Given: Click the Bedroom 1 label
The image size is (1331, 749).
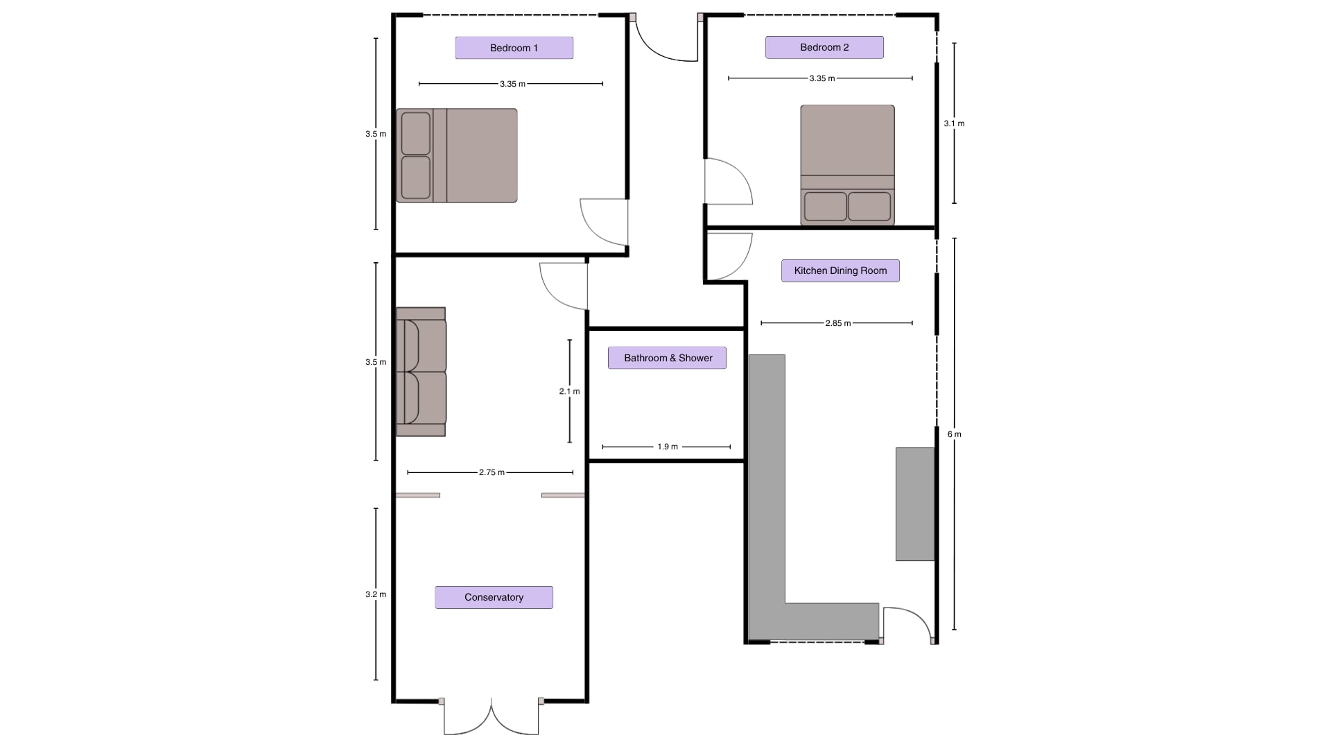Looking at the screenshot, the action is pos(514,48).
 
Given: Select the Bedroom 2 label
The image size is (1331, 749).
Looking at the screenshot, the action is pos(824,47).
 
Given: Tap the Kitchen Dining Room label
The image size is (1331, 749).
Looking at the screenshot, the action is pos(840,270).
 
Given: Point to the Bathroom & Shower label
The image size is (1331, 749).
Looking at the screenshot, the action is pos(668,358).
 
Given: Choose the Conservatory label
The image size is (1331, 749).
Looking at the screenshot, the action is pos(494,597).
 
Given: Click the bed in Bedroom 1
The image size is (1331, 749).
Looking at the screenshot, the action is pos(457,155).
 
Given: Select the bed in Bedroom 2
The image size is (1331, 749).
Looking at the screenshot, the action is pos(847,165).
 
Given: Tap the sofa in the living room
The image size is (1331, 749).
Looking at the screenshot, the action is pos(421,372).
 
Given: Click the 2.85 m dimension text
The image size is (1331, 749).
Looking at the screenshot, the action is pos(837,323).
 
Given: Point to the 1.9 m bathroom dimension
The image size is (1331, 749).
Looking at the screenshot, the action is pos(668,447).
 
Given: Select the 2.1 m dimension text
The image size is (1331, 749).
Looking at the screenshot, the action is pos(569,391).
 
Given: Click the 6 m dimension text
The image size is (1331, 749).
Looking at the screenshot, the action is pos(955,434).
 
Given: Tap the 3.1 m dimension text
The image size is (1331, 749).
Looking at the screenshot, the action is pos(954,123).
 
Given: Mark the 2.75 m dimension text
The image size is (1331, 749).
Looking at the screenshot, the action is pos(491,472).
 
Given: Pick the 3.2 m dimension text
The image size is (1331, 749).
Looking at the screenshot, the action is pos(376,594).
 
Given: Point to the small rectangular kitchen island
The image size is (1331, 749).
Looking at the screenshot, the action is pos(915,504).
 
